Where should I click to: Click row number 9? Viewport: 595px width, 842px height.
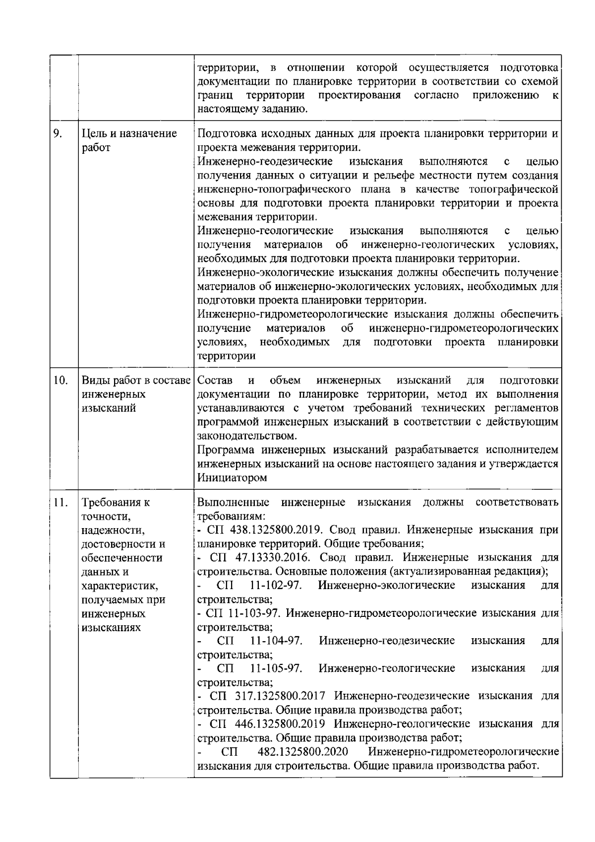58,133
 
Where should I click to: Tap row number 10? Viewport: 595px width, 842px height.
60,381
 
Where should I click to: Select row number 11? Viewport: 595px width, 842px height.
60,502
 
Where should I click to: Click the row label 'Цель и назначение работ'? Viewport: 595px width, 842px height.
129,140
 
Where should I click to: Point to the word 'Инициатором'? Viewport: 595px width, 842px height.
232,478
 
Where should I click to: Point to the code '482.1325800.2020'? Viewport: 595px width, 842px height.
302,752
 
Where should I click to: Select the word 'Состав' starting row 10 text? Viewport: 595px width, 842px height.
215,381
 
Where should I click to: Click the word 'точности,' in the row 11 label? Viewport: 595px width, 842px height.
106,516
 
